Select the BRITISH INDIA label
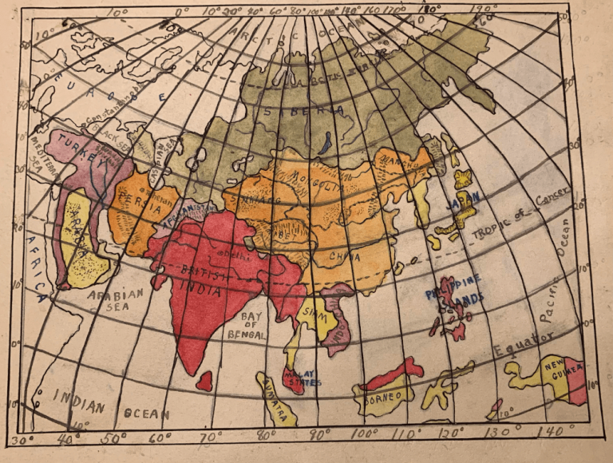(200, 279)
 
